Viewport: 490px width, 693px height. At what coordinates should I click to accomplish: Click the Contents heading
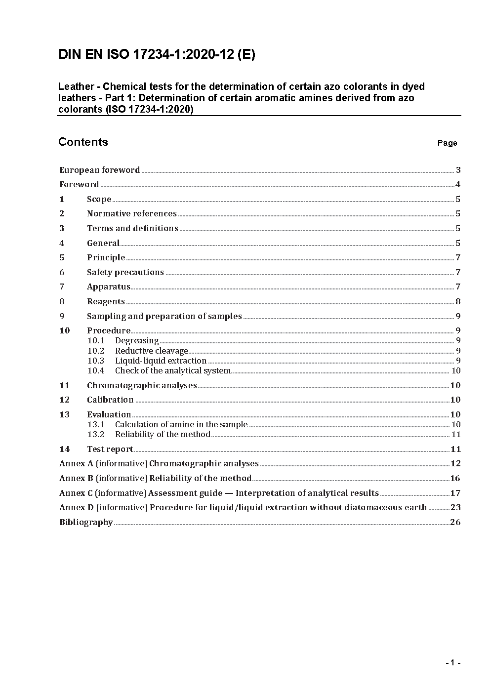click(83, 142)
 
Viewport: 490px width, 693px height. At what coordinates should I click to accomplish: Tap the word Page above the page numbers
click(447, 143)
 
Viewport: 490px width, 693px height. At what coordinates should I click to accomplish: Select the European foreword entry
click(100, 170)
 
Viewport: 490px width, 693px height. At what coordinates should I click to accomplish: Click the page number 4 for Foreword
click(458, 185)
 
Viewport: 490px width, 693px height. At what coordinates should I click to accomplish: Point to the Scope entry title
click(99, 199)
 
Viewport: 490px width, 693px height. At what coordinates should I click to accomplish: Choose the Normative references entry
click(132, 214)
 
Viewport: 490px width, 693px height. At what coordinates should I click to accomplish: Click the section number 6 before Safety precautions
click(62, 272)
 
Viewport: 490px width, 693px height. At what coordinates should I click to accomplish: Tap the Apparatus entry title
click(109, 287)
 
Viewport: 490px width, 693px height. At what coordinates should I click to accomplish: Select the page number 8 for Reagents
click(458, 302)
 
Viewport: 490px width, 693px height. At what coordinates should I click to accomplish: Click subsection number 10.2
click(96, 351)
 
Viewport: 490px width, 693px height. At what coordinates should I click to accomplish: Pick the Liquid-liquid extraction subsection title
click(161, 361)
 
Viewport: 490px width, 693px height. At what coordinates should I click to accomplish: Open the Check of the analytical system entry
click(173, 371)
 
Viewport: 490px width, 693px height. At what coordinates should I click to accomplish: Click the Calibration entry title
click(110, 400)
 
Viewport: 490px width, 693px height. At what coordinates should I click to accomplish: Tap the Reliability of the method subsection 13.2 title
click(163, 435)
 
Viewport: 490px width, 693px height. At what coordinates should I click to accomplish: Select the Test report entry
click(110, 449)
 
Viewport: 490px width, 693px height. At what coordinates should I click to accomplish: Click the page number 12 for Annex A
click(455, 464)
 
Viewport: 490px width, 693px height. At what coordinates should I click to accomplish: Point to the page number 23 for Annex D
click(455, 507)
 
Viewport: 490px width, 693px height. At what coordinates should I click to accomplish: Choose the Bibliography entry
click(86, 522)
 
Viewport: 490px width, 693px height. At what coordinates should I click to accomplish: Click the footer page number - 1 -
click(452, 663)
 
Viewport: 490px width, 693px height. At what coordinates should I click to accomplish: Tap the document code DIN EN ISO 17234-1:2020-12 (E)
click(157, 55)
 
